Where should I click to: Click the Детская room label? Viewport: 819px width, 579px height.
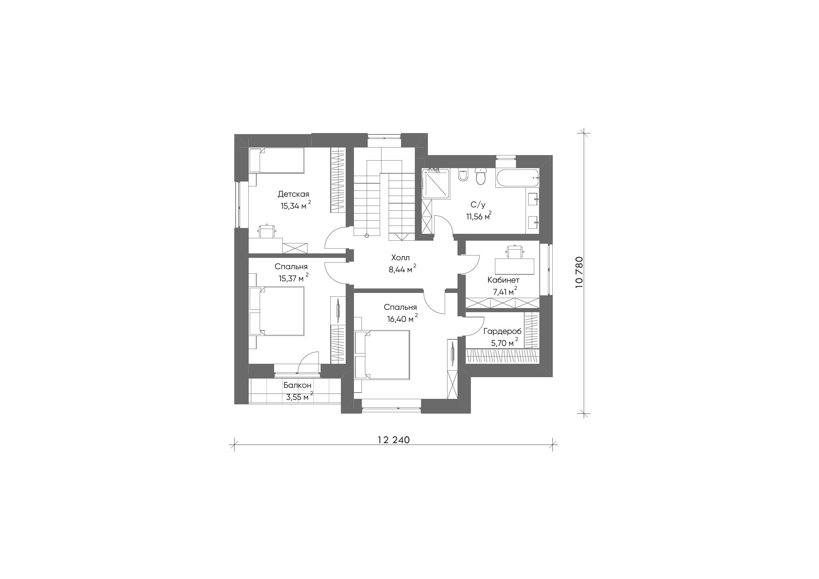293,194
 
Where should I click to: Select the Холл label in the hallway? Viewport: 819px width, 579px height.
400,258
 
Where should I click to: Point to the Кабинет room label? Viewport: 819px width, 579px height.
503,280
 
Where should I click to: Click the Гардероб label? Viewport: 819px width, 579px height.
502,331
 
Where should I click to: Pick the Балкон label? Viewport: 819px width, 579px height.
297,385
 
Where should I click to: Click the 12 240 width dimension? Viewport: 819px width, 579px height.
394,440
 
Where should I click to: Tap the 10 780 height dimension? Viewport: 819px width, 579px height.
579,272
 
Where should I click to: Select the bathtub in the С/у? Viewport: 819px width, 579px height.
517,178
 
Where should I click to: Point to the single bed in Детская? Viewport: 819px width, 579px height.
277,161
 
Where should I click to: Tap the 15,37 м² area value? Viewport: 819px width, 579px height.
293,278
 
